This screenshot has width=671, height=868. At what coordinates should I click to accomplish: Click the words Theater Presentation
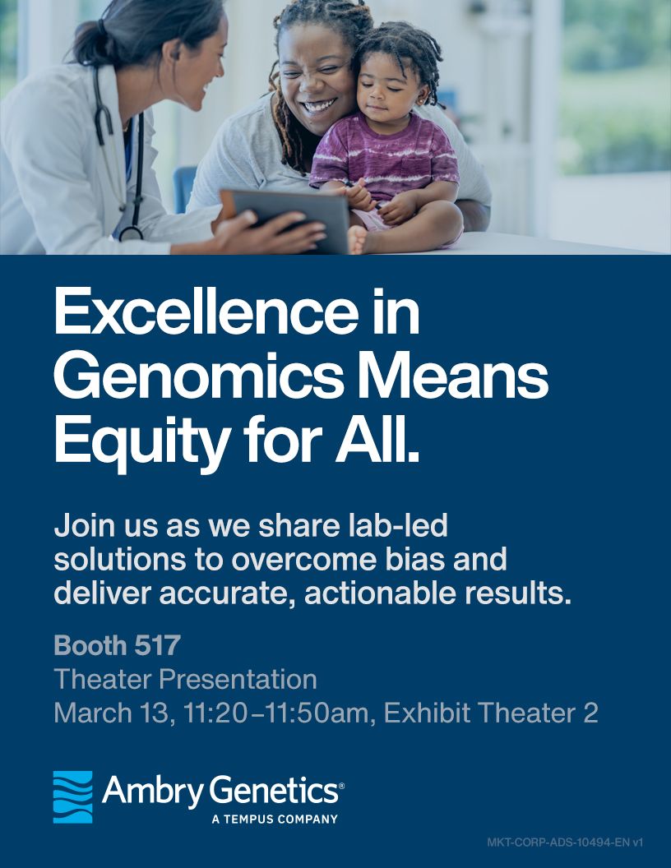click(186, 679)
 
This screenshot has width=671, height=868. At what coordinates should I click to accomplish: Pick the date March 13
click(111, 713)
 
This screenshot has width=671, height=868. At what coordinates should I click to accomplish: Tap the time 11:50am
click(317, 713)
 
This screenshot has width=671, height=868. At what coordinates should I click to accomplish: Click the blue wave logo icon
click(72, 796)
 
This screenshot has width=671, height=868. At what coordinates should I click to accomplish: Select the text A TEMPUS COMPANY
click(275, 819)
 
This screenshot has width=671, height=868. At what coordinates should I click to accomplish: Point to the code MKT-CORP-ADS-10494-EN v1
click(565, 843)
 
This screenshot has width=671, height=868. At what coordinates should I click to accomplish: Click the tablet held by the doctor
click(285, 219)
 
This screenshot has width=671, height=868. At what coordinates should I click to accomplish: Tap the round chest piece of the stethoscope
click(131, 233)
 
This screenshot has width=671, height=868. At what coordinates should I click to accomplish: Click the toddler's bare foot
click(359, 240)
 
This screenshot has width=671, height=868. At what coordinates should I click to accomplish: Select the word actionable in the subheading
click(380, 593)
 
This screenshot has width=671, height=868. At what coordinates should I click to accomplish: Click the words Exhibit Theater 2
click(491, 713)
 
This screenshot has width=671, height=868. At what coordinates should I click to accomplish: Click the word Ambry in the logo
click(153, 792)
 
